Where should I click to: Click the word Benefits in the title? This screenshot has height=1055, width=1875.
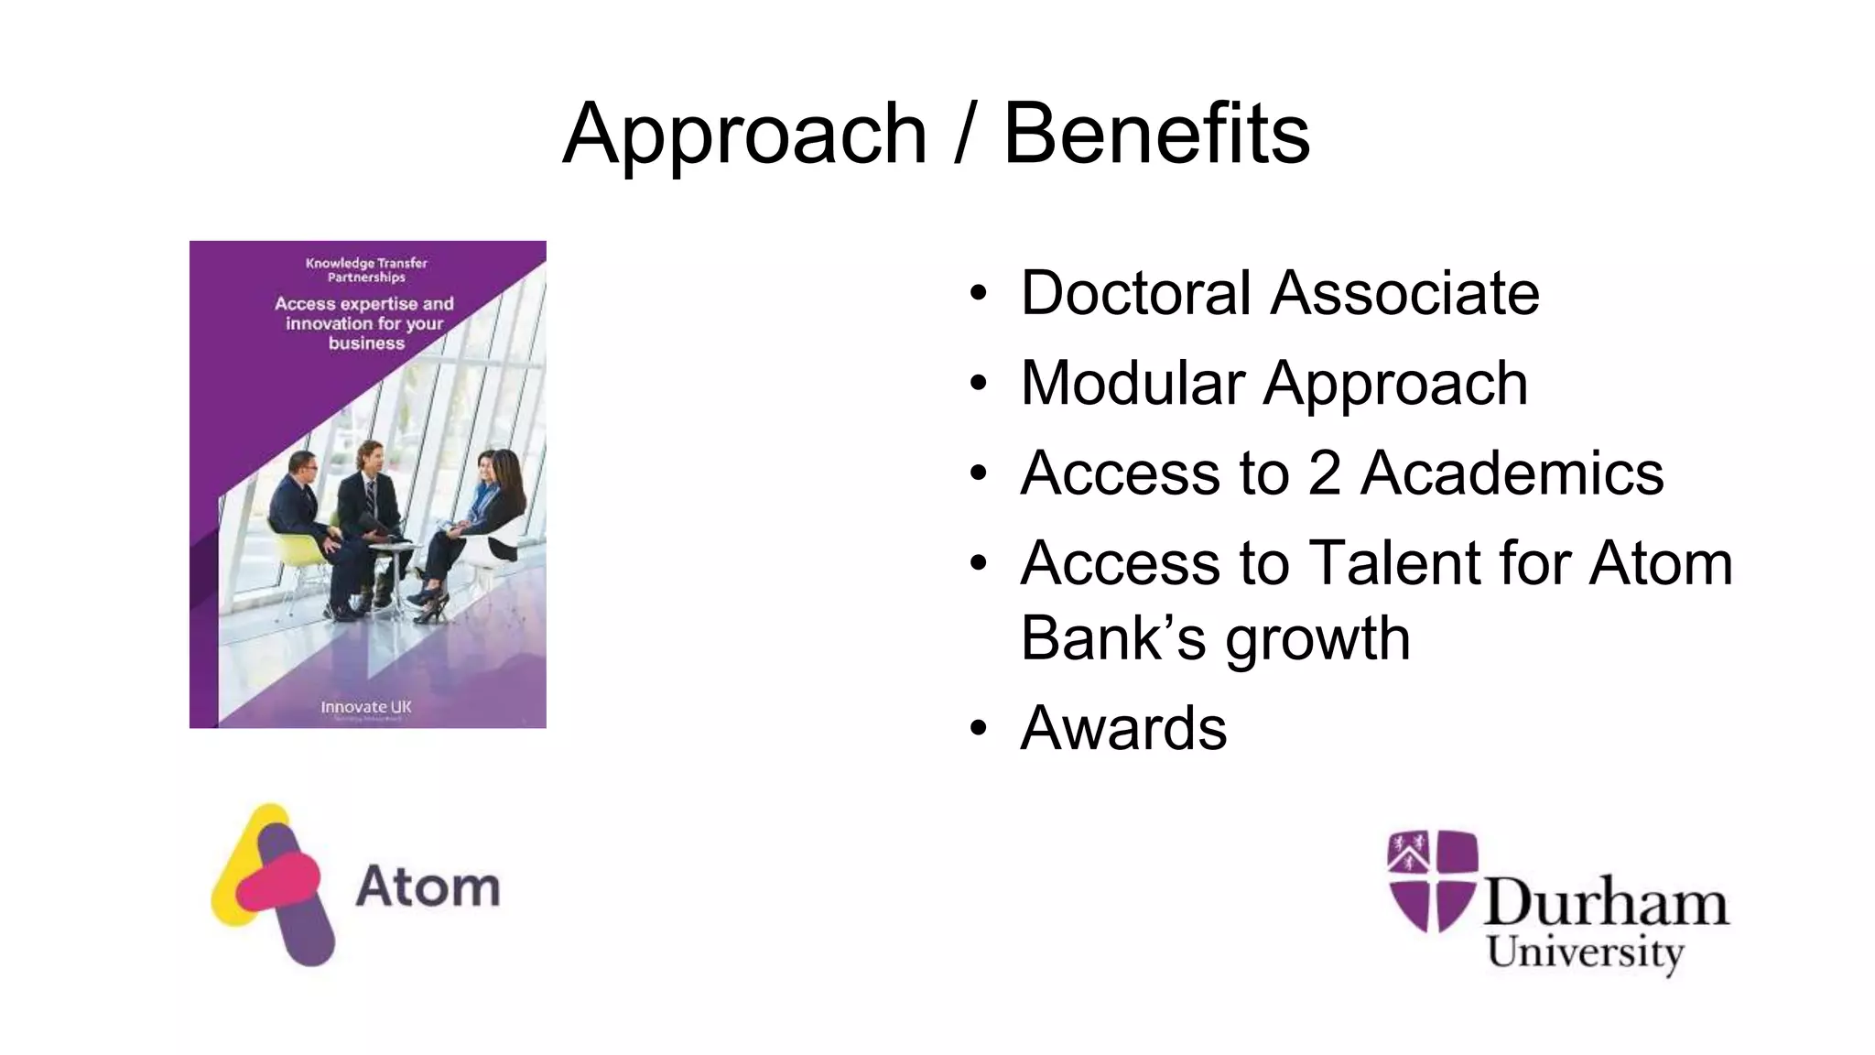tap(1156, 135)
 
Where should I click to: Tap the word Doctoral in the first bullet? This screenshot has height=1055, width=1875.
tap(1135, 293)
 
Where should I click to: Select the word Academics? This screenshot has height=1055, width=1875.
tap(1512, 473)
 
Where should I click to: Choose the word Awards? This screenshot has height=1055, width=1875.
tap(1123, 728)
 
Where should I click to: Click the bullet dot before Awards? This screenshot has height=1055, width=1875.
tap(979, 729)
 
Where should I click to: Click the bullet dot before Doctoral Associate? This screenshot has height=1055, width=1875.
tap(979, 294)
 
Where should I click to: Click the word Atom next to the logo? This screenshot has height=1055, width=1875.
tap(428, 886)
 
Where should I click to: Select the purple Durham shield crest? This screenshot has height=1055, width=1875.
tap(1432, 879)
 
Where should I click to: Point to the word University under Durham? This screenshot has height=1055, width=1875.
tap(1585, 952)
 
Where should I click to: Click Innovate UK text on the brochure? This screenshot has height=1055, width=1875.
tap(366, 707)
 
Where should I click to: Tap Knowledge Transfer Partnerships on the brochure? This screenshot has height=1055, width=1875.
tap(366, 270)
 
